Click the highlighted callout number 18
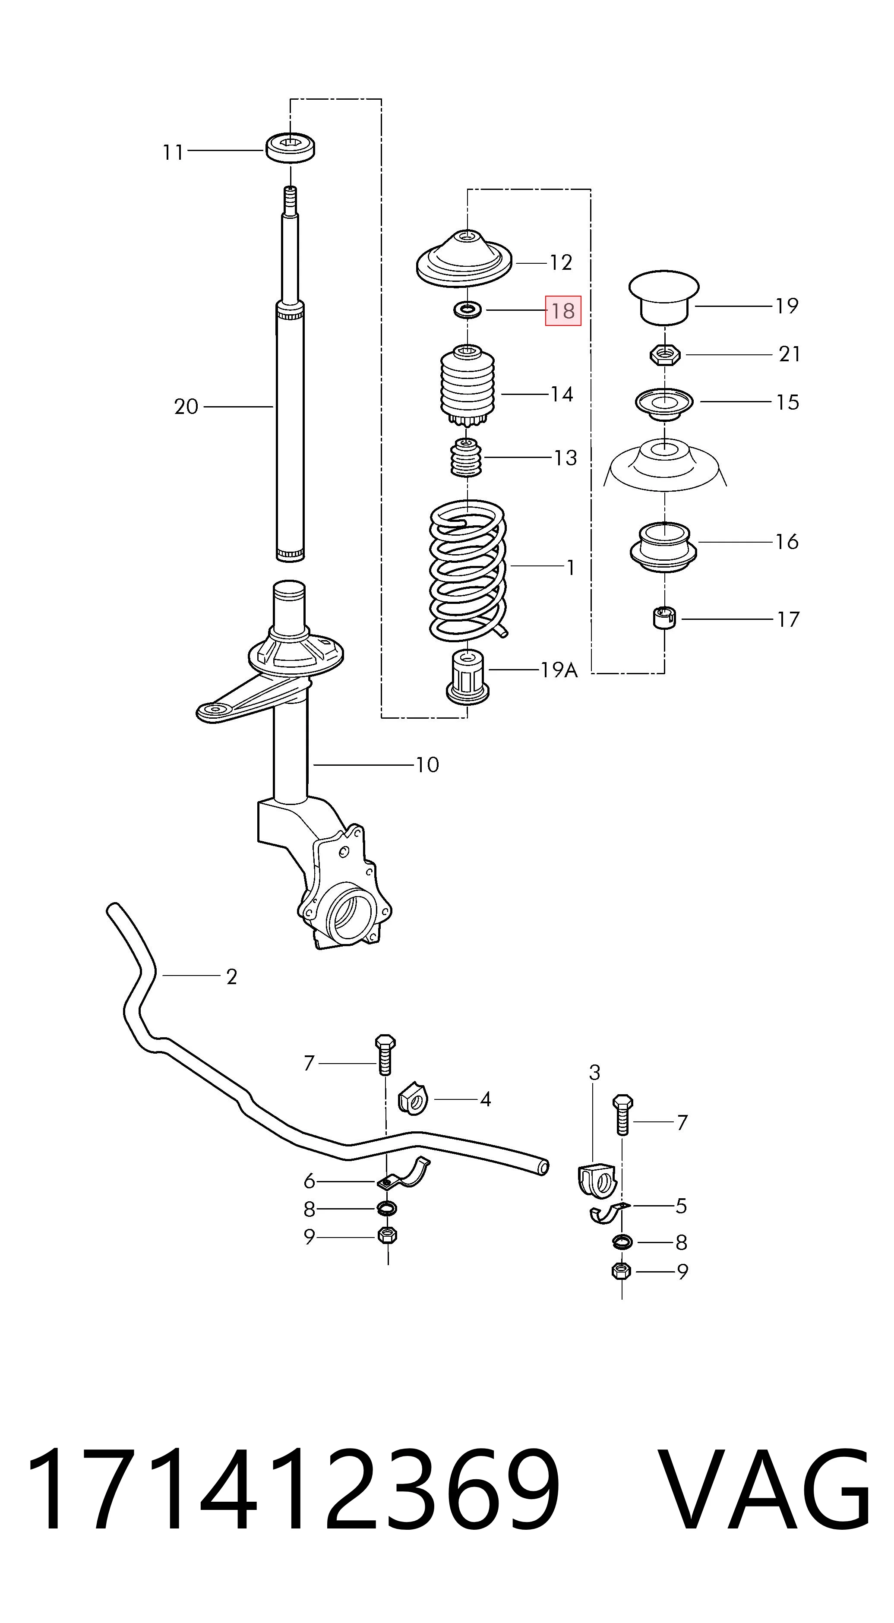562,311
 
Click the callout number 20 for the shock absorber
186,407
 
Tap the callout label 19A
559,670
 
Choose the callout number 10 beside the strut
427,765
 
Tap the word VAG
765,1488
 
